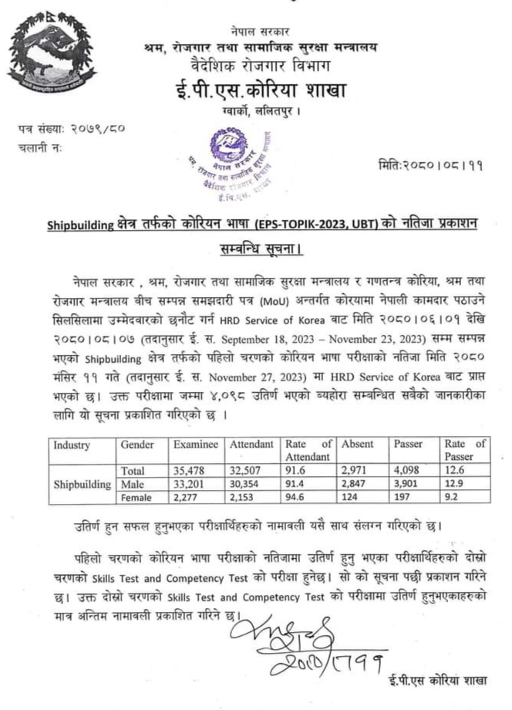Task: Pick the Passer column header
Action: point(408,445)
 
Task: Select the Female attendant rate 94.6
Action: point(296,498)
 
